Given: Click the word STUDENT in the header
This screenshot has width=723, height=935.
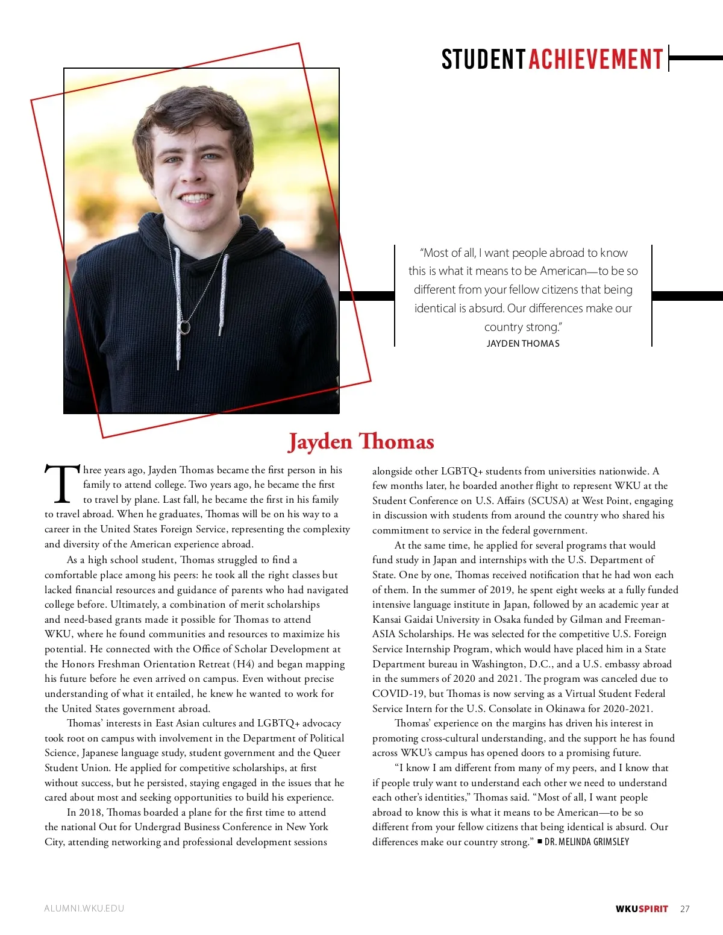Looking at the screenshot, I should pyautogui.click(x=483, y=60).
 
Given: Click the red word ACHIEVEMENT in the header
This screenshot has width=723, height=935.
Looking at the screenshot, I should pyautogui.click(x=596, y=60).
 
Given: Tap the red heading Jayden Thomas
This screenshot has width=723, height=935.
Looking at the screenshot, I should pyautogui.click(x=361, y=441).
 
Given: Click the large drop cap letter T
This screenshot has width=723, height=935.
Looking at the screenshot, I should pyautogui.click(x=62, y=484).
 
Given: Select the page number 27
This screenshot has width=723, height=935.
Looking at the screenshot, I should pyautogui.click(x=684, y=909).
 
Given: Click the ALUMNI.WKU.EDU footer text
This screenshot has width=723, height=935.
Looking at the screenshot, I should pyautogui.click(x=84, y=908).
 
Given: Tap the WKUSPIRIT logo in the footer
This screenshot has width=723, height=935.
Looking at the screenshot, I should pyautogui.click(x=642, y=909).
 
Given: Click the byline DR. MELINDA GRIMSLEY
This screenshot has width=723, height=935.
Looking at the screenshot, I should pyautogui.click(x=587, y=842).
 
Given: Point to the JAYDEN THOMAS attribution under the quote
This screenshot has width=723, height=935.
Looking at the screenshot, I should pyautogui.click(x=523, y=344).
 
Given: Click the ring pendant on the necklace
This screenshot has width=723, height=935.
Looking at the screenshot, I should pyautogui.click(x=184, y=327).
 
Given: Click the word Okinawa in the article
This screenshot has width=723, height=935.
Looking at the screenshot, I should pyautogui.click(x=566, y=708).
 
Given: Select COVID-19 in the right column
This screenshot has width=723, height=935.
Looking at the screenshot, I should pyautogui.click(x=398, y=693).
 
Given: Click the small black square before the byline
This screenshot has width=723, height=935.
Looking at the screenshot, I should pyautogui.click(x=540, y=841).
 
